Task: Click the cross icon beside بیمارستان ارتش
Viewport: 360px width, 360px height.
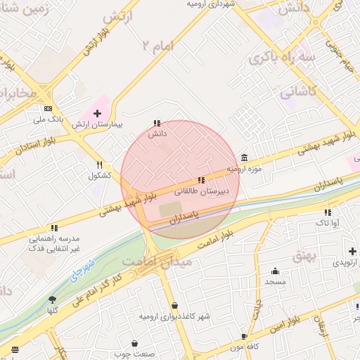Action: coord(97,112)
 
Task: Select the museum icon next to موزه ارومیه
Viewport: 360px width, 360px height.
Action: coord(244,157)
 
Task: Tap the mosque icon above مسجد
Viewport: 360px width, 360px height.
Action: coord(275,271)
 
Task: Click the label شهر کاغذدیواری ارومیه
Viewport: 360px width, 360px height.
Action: coord(174,316)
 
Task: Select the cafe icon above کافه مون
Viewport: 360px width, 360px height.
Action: coord(245,337)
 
